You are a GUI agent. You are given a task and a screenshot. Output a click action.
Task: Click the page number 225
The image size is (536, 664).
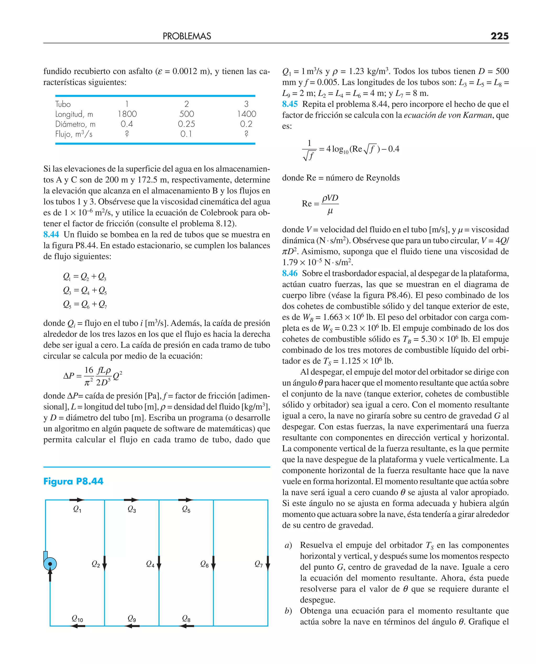[499, 36]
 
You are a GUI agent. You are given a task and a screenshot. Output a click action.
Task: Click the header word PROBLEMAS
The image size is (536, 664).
[187, 36]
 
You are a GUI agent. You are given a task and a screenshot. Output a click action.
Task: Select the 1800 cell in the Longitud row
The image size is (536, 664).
[127, 114]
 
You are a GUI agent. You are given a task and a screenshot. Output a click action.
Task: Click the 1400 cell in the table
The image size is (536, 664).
[246, 114]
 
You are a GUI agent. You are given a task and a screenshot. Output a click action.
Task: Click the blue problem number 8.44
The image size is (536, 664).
[51, 234]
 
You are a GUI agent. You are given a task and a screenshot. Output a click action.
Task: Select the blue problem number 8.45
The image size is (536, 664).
[290, 104]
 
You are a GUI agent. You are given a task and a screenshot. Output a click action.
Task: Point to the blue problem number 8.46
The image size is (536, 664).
[290, 273]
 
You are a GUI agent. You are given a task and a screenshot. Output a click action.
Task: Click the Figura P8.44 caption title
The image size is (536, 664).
[73, 482]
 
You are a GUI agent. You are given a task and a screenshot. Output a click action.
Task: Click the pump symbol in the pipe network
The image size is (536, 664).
[50, 564]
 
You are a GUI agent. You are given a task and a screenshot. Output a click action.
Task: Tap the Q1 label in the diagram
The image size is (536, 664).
[77, 509]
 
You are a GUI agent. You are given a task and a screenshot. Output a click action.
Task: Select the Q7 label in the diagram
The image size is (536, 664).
[259, 564]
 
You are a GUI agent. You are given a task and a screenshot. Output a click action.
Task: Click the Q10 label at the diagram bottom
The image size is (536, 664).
[77, 618]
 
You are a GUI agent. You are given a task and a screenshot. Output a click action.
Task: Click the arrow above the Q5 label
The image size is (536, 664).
[186, 500]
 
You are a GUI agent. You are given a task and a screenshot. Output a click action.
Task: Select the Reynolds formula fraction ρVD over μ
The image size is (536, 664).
[330, 204]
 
